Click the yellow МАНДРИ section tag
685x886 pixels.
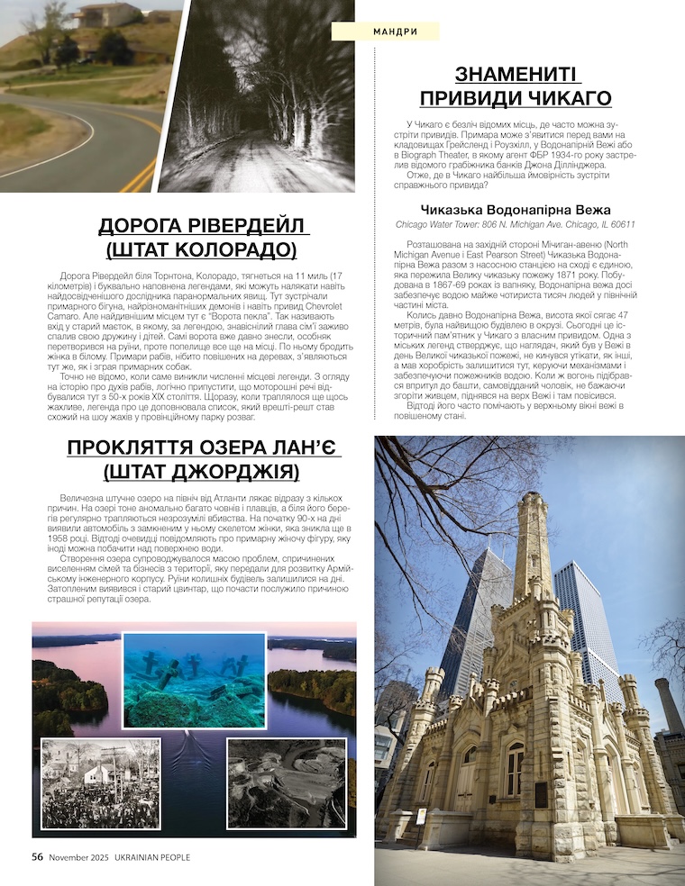[x=386, y=32]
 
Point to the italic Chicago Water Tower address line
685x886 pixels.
[x=516, y=225]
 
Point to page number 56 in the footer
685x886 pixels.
[x=38, y=857]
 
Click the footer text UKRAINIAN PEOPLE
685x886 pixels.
[x=151, y=858]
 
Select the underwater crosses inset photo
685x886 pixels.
[x=195, y=680]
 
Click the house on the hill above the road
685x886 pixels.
[x=106, y=14]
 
